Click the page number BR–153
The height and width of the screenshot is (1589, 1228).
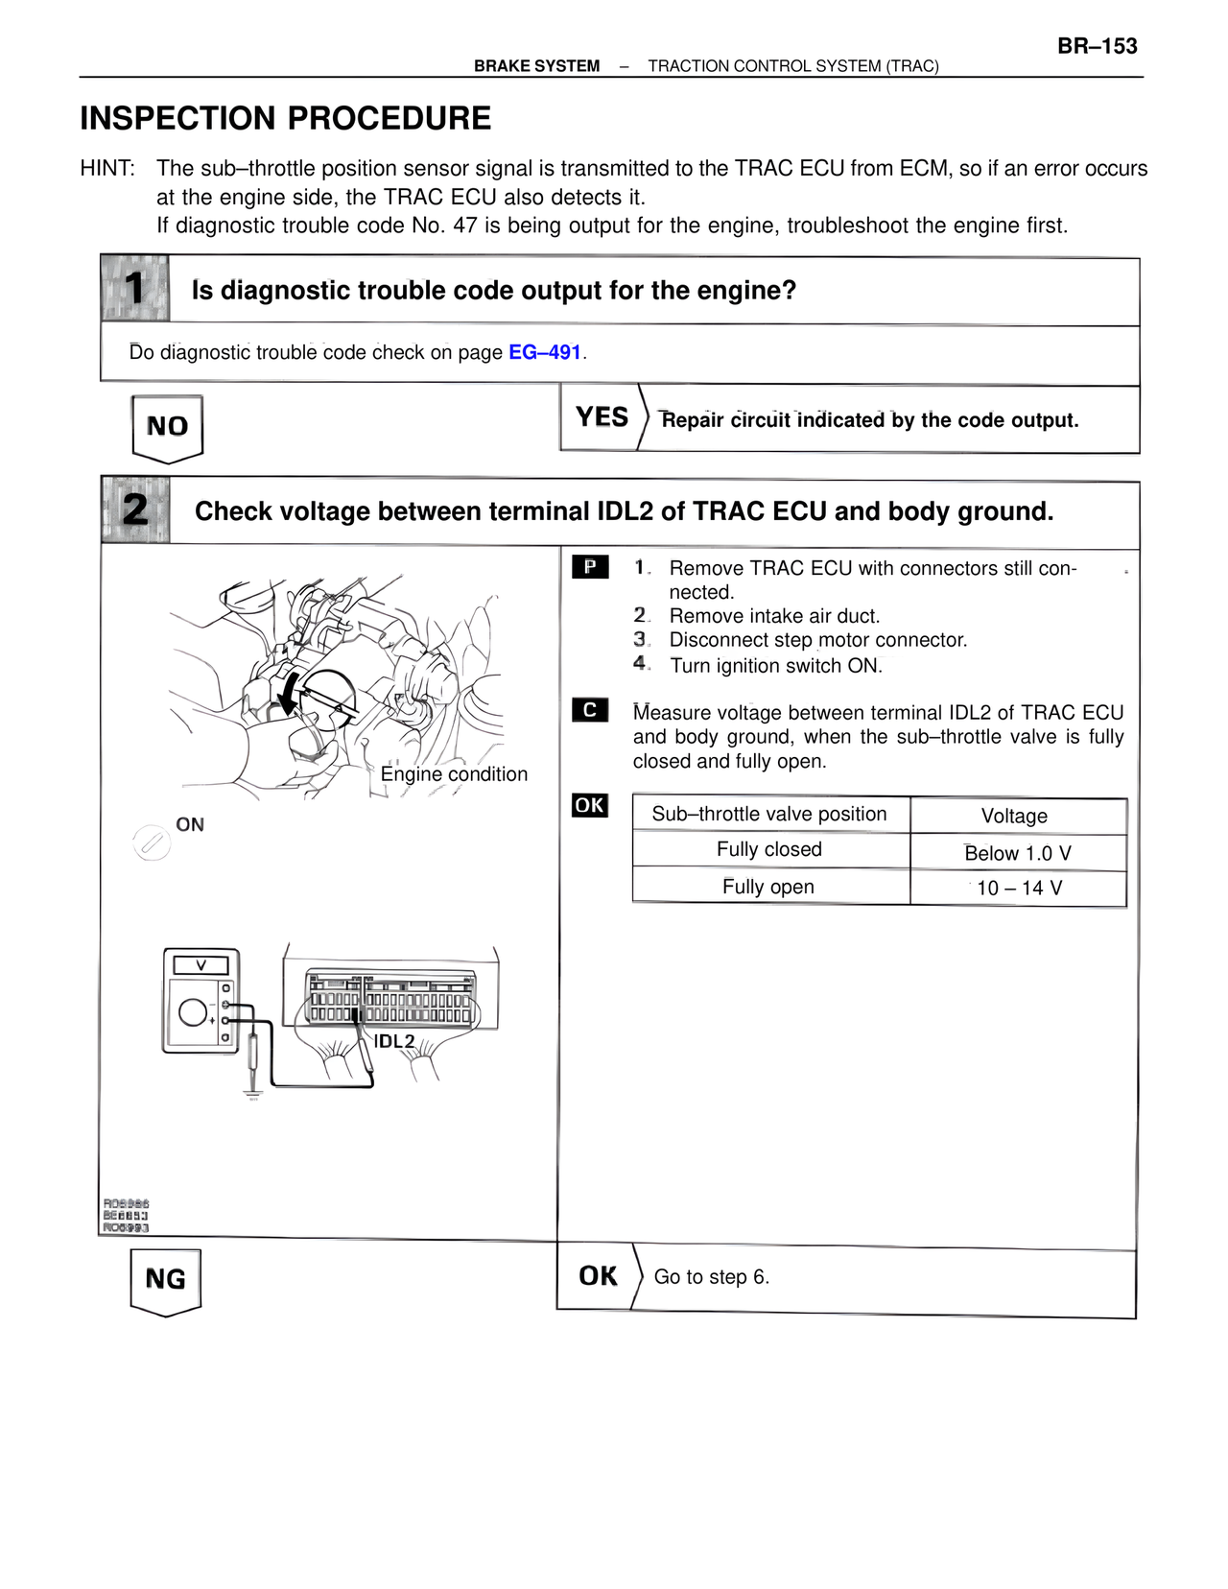tap(1097, 46)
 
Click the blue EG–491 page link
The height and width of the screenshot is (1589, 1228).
tap(545, 352)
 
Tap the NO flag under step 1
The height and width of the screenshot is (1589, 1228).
tap(167, 427)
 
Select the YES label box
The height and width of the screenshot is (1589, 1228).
tap(601, 417)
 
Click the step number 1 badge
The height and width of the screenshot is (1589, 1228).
tap(135, 288)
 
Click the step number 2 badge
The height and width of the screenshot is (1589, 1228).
tap(135, 510)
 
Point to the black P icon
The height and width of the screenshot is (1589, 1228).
tap(590, 567)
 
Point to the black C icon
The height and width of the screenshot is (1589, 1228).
tap(590, 710)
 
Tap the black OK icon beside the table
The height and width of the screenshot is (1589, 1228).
tap(590, 805)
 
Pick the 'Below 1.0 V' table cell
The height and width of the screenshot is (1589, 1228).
tap(1017, 853)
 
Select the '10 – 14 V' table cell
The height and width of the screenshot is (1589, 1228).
tap(1018, 888)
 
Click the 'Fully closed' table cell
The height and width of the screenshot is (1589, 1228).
tap(769, 849)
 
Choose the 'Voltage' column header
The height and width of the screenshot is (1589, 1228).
tap(1014, 816)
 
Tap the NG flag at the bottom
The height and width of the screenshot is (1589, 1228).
tap(165, 1279)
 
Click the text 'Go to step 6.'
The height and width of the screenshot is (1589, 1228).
tap(711, 1277)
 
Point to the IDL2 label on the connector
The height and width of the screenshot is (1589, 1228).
tap(393, 1041)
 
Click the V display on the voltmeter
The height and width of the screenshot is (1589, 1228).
tap(201, 965)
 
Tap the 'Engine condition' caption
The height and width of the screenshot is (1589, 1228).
tap(454, 774)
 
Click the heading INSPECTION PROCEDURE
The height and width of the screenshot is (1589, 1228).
tap(286, 118)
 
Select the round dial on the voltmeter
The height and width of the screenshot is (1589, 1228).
tap(193, 1012)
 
